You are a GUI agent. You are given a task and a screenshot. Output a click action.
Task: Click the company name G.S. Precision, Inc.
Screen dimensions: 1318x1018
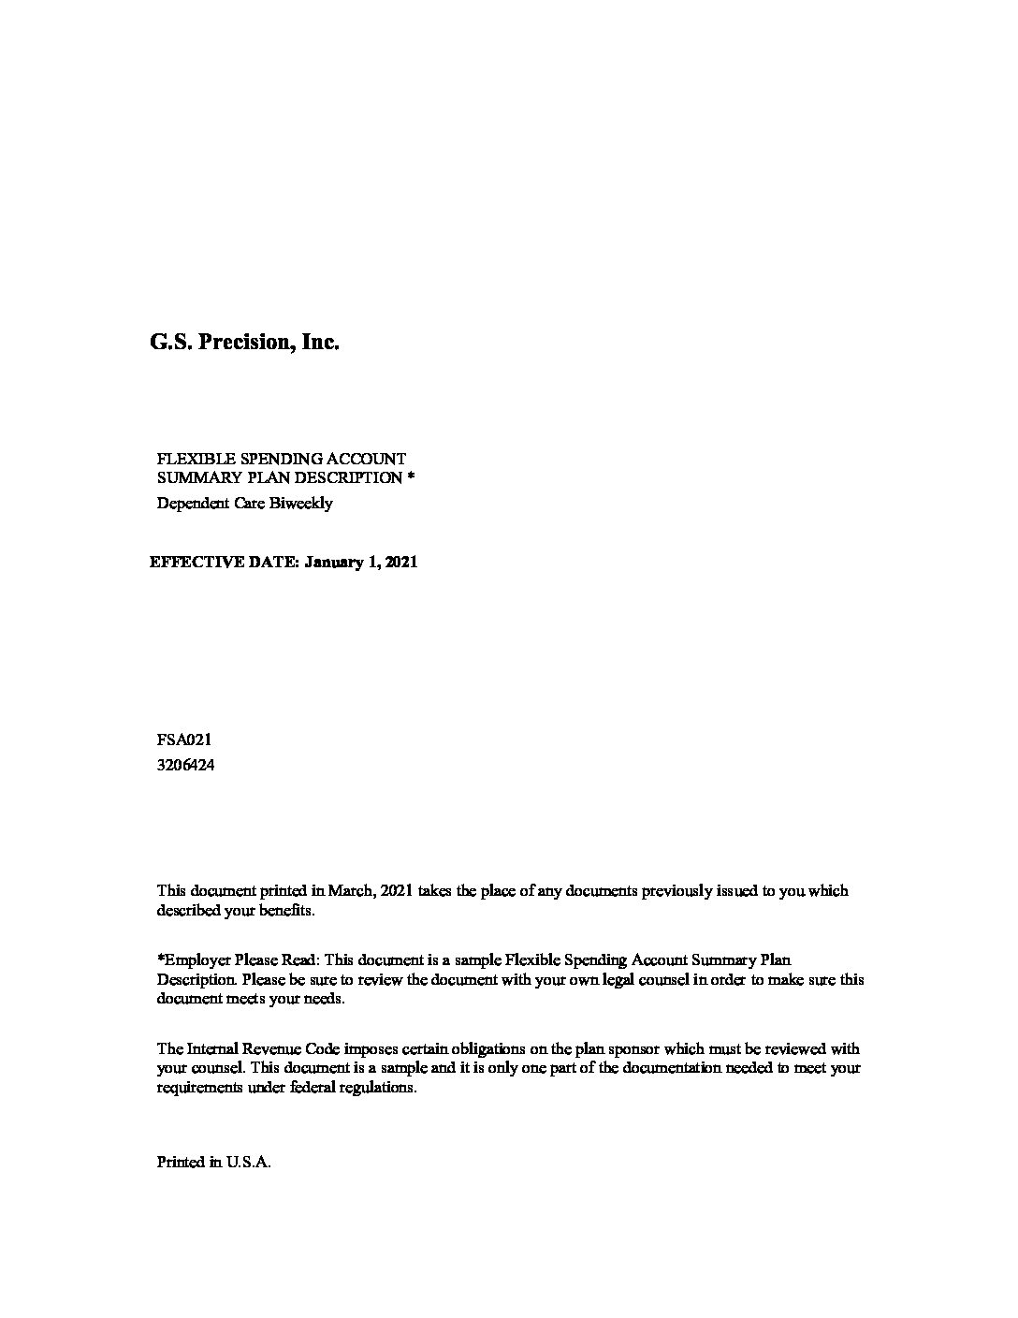tap(244, 343)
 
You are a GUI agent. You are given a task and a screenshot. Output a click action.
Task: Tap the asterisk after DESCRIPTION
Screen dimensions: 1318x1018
tap(411, 477)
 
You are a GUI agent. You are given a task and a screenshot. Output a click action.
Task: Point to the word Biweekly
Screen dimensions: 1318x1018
tap(301, 504)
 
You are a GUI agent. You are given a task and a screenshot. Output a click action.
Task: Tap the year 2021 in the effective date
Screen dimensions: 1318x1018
tap(400, 563)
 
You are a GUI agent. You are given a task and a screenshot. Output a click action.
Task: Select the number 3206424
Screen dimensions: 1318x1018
tap(185, 765)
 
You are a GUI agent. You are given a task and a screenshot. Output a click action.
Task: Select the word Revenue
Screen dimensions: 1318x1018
tap(276, 1049)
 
